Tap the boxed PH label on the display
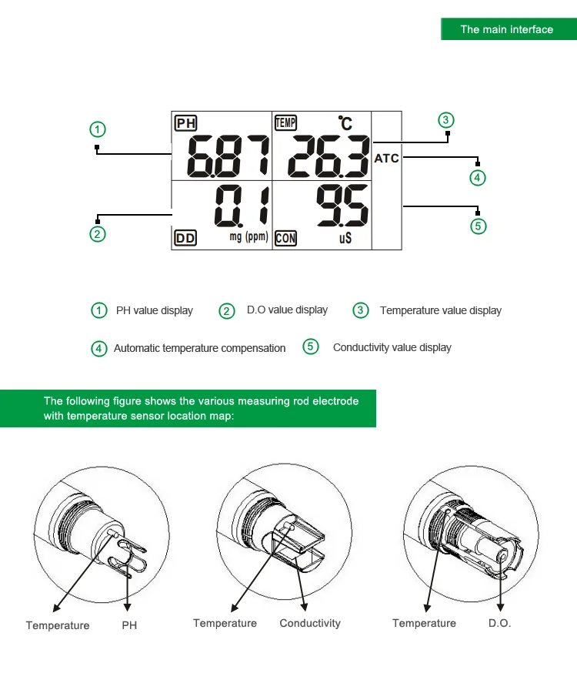[x=185, y=123]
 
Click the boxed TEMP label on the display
[x=285, y=122]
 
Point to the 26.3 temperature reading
[x=329, y=156]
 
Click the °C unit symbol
[x=345, y=122]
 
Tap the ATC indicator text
[x=387, y=159]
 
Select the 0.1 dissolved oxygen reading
[x=242, y=206]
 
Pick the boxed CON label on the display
[x=285, y=239]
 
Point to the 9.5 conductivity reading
[x=343, y=206]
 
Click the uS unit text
[x=345, y=239]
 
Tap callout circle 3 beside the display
[x=447, y=119]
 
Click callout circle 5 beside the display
[x=479, y=226]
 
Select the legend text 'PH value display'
[x=154, y=310]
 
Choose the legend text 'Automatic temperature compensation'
[x=199, y=348]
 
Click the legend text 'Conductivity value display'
[x=392, y=347]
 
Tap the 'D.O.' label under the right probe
[x=499, y=623]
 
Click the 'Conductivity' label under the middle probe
[x=309, y=623]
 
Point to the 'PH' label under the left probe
[x=129, y=625]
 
